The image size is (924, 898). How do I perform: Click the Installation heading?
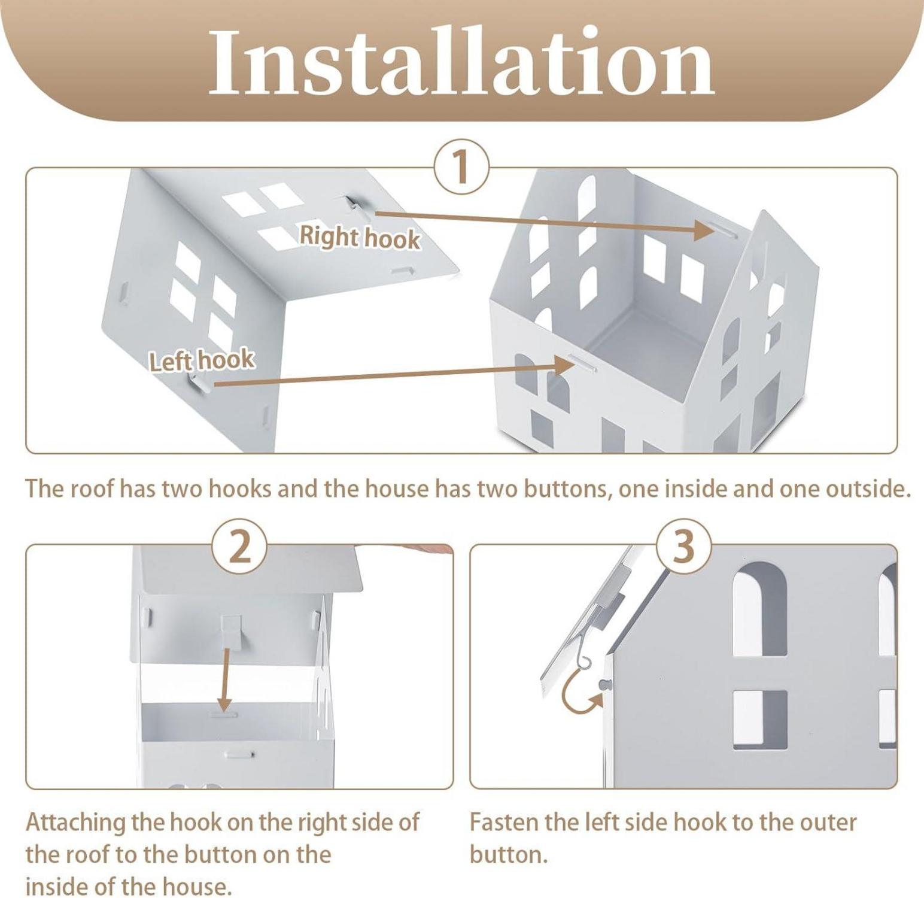(x=461, y=62)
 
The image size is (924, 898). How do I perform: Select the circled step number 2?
(x=240, y=547)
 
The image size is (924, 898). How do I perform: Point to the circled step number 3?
(x=684, y=547)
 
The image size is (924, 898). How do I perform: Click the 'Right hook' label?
(x=360, y=237)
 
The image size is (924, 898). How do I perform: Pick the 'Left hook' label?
(x=202, y=361)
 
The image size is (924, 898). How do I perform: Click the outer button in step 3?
(x=604, y=684)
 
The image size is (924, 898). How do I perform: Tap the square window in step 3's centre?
(x=760, y=720)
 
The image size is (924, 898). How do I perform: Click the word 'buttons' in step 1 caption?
(x=566, y=489)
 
